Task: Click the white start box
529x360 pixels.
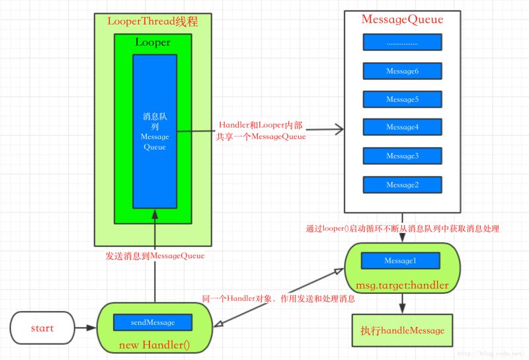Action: (42, 328)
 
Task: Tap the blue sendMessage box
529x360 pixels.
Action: (153, 322)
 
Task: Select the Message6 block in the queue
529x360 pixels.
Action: (402, 71)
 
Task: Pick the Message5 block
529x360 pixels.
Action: (402, 99)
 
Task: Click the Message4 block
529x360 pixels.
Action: (402, 127)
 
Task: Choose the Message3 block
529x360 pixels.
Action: (402, 156)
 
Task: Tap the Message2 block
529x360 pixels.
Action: (402, 185)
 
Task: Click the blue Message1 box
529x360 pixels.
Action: (400, 261)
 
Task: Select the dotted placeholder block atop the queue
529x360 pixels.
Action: (402, 42)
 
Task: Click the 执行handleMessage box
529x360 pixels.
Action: (402, 330)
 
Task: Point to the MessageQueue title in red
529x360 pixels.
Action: (402, 19)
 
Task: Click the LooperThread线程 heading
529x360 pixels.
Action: (153, 21)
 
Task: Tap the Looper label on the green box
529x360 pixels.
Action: (153, 42)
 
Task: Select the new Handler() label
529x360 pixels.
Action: (153, 345)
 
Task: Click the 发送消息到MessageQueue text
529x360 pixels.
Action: (155, 255)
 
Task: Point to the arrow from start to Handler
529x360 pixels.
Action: (85, 328)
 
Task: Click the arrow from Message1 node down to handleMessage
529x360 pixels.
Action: (402, 303)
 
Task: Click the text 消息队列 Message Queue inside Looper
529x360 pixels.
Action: (155, 131)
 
